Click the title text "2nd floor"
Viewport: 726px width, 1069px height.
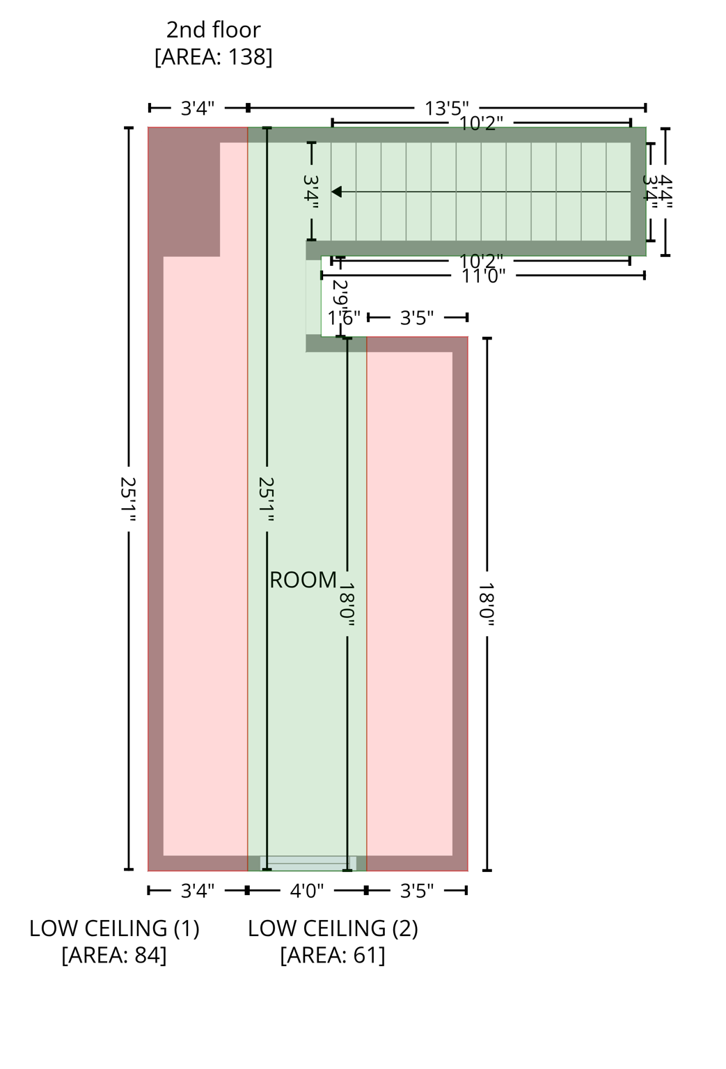click(213, 30)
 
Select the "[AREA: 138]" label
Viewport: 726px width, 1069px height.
click(213, 57)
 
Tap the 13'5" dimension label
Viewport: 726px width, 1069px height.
click(446, 109)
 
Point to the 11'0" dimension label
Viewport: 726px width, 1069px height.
click(483, 276)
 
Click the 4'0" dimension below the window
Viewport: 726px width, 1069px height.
click(306, 891)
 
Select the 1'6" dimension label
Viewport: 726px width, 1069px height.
click(344, 319)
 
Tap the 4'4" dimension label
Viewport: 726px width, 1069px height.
click(665, 191)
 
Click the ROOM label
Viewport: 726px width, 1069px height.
click(303, 580)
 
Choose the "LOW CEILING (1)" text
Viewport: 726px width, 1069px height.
click(114, 928)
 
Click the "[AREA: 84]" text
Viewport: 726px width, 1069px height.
click(114, 956)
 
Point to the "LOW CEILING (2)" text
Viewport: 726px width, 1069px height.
click(333, 928)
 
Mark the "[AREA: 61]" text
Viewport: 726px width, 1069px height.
click(333, 956)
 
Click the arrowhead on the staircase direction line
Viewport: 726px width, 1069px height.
click(336, 191)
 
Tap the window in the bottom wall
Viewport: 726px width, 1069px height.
click(308, 864)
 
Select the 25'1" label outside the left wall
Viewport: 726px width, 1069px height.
click(129, 499)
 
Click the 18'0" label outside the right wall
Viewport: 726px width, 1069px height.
click(487, 605)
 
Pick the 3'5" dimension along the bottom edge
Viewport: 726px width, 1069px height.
click(416, 891)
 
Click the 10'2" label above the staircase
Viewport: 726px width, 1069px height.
click(481, 124)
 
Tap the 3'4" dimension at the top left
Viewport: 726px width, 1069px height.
click(198, 109)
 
